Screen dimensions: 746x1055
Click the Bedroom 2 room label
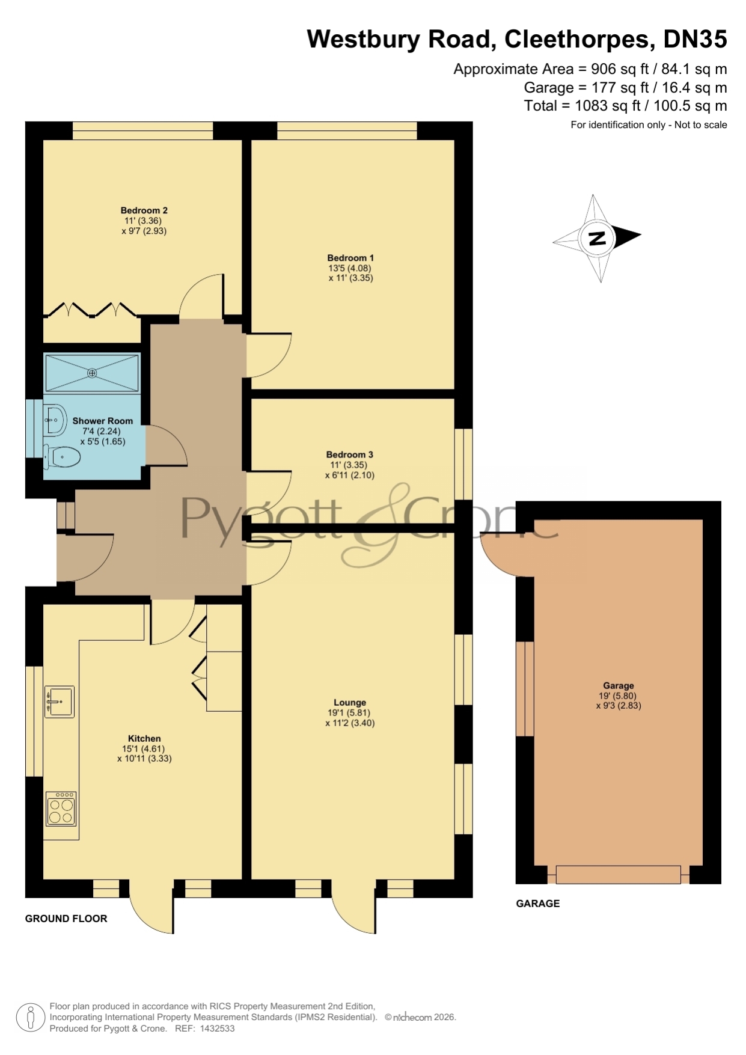coord(144,210)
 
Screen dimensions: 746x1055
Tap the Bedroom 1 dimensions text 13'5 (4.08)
coord(351,268)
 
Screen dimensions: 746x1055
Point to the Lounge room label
coord(350,702)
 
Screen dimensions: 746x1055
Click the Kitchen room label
coord(144,738)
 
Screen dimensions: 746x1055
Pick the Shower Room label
coord(103,421)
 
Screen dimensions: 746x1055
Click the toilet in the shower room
coord(62,457)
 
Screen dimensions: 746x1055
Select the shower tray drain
coord(92,373)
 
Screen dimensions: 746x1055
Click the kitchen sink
coord(60,702)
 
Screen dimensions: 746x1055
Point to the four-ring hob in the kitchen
coord(61,809)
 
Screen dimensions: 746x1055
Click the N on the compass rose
coord(597,239)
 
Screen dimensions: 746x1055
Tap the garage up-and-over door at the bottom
coord(618,874)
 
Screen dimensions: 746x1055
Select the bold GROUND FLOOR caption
coord(66,919)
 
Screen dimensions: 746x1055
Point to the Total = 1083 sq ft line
coord(625,106)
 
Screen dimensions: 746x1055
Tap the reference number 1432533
coord(216,1029)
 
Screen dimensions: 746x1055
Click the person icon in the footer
coord(30,1018)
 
